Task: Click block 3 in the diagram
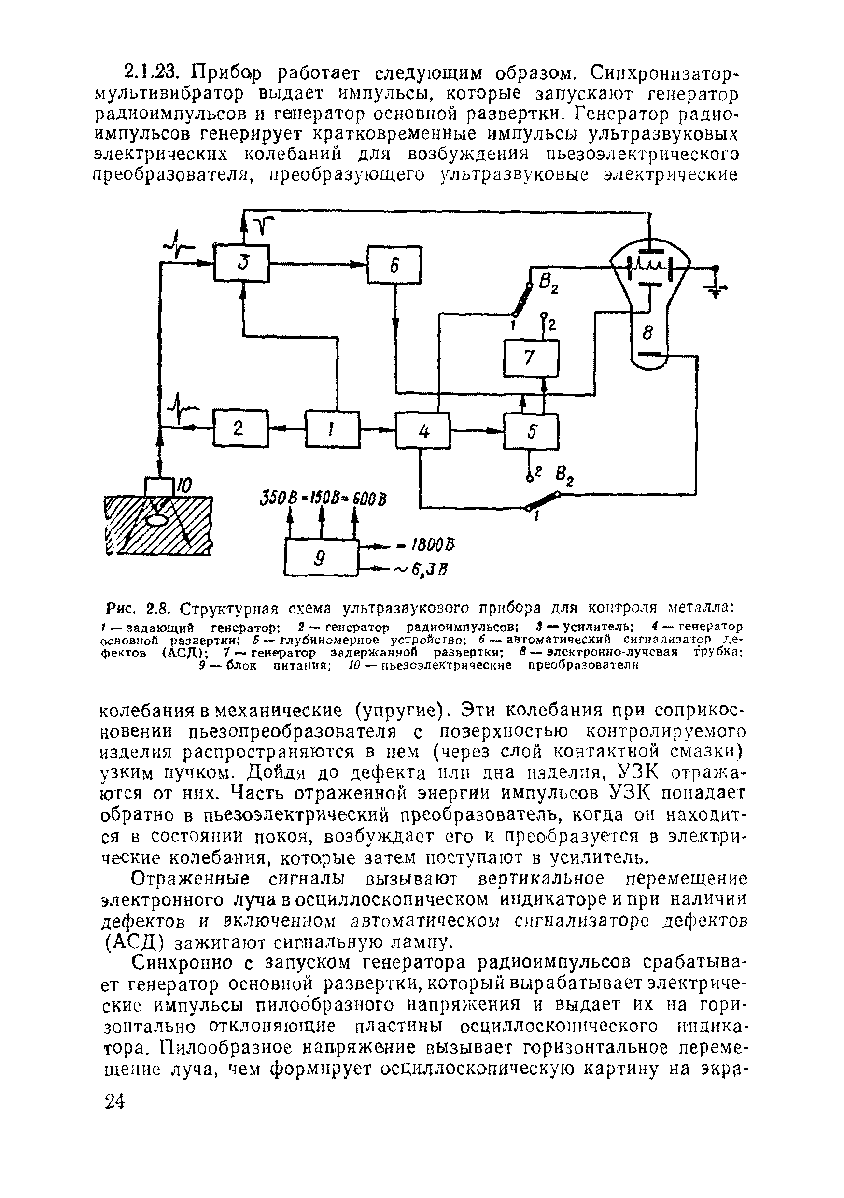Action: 241,263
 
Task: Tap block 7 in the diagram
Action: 531,358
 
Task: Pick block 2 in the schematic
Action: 240,428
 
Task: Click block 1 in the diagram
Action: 332,429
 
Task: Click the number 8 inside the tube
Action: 648,332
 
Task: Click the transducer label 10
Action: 183,486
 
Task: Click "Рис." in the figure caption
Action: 122,608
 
